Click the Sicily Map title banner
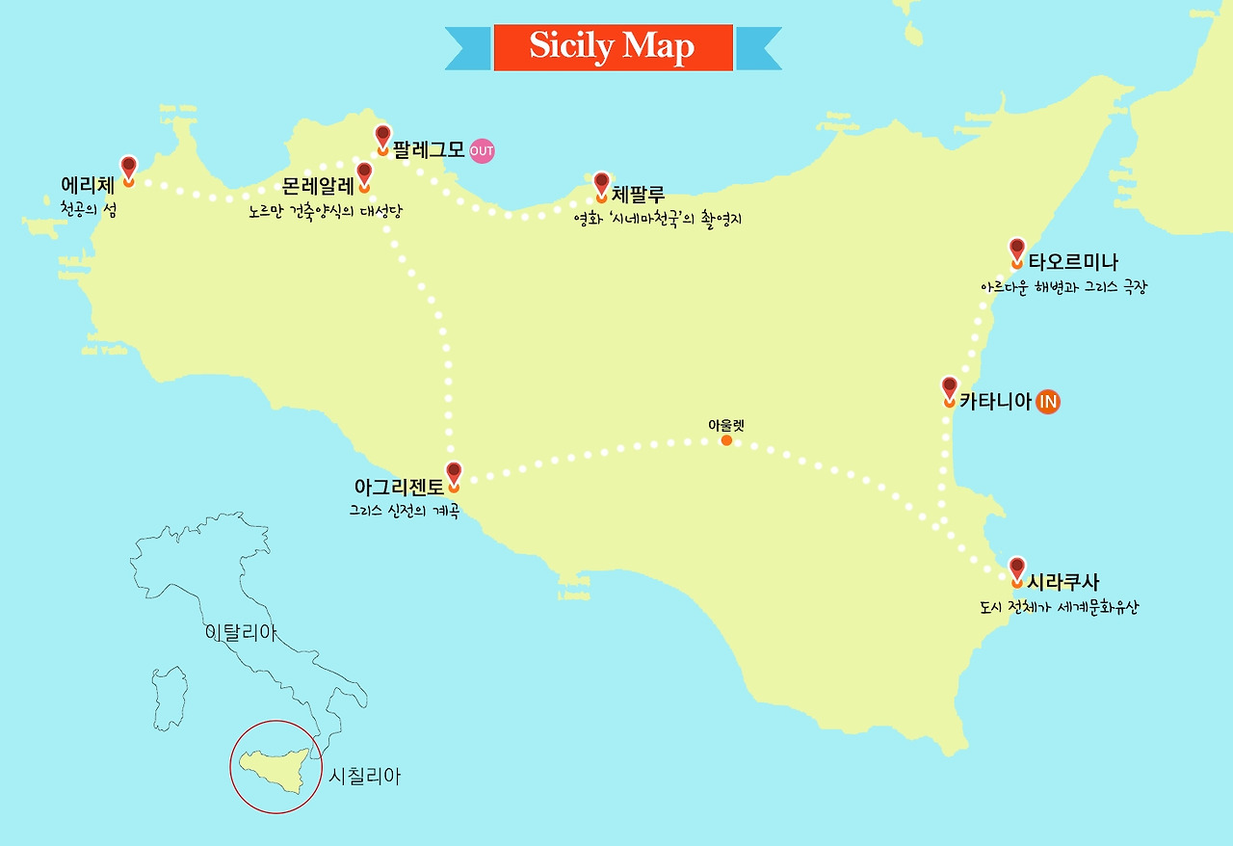click(x=613, y=47)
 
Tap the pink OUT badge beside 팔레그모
click(x=482, y=151)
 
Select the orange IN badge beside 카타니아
click(x=1048, y=402)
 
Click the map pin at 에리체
click(x=128, y=169)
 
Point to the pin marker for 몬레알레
click(x=364, y=175)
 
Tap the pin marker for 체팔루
click(x=601, y=184)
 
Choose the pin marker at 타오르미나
click(x=1016, y=251)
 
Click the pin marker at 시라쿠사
click(x=1016, y=569)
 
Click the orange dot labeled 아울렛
click(x=726, y=440)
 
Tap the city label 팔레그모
click(x=429, y=151)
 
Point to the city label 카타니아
click(x=995, y=402)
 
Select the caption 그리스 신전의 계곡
click(x=405, y=510)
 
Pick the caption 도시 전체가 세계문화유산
click(x=1058, y=608)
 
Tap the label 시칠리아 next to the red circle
click(x=364, y=776)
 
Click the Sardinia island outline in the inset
click(x=170, y=697)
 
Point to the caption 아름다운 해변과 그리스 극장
click(x=1062, y=287)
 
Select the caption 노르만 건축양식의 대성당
click(x=325, y=210)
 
